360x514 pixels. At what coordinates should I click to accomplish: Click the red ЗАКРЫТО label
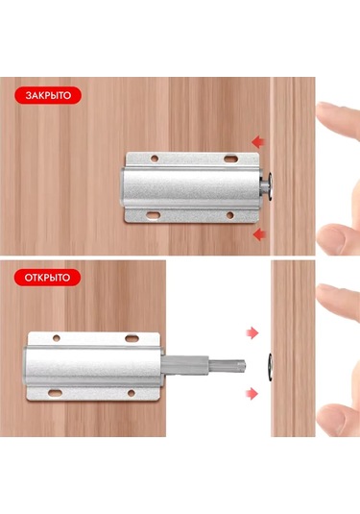(48, 95)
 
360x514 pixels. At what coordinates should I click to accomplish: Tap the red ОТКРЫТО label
(47, 278)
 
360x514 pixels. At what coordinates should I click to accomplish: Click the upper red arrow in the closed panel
(258, 142)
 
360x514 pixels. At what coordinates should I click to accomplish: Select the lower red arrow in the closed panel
(260, 234)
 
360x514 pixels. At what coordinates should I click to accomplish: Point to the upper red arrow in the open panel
(252, 332)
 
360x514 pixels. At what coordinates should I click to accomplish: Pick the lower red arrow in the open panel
(252, 393)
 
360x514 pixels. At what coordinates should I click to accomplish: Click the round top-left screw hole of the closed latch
(155, 159)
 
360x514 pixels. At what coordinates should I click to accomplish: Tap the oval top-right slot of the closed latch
(230, 159)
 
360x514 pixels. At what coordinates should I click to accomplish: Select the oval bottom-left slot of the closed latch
(153, 215)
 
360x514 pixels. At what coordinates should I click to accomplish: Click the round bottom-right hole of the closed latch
(230, 215)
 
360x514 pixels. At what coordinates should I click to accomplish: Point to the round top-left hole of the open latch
(57, 338)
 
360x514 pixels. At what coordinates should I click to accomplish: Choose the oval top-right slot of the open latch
(132, 337)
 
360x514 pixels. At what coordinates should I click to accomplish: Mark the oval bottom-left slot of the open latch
(55, 393)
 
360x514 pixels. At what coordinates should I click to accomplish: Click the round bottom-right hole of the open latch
(131, 393)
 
